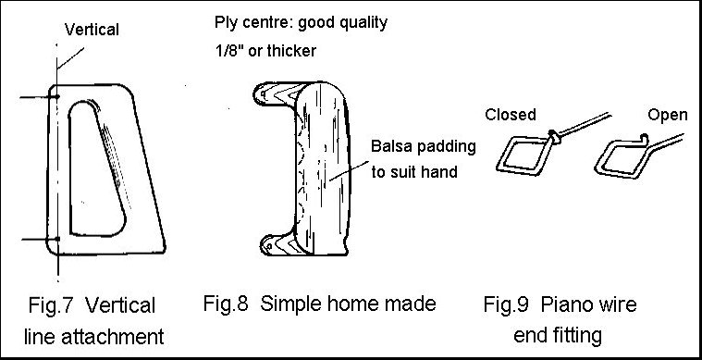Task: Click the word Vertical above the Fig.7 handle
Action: tap(92, 31)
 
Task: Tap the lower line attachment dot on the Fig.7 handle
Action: tap(57, 239)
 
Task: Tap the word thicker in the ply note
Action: tap(290, 51)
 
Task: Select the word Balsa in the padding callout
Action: tap(389, 146)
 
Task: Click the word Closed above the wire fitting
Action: tap(511, 115)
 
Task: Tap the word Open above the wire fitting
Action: tap(667, 115)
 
